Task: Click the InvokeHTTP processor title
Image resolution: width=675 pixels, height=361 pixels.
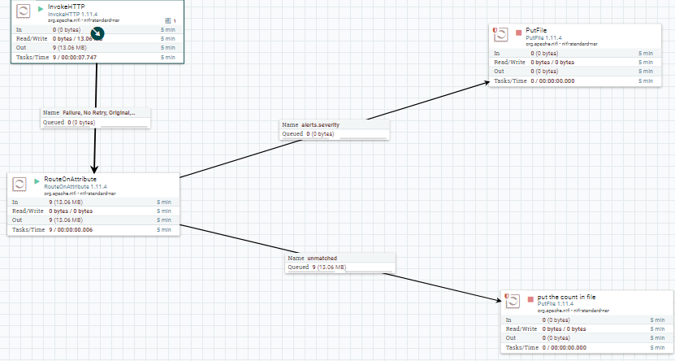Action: point(67,7)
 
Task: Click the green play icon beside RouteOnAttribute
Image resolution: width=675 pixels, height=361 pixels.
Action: point(37,180)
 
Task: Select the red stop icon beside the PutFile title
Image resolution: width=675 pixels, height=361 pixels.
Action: point(519,33)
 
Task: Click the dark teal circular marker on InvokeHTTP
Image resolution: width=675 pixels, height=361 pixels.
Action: point(97,33)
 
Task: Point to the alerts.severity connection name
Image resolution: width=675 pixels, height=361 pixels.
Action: point(320,124)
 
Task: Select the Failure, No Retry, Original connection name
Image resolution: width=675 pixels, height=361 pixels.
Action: point(98,112)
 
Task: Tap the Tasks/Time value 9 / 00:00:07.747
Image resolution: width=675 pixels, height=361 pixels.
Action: point(74,58)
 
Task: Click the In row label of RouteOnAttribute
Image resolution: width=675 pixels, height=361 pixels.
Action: point(15,202)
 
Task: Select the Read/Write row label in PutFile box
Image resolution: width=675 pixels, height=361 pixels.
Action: point(508,63)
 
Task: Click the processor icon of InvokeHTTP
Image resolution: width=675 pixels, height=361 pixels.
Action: point(24,11)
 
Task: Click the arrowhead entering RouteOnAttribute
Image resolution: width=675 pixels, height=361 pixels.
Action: point(96,167)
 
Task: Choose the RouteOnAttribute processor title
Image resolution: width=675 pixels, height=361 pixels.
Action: point(71,178)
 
